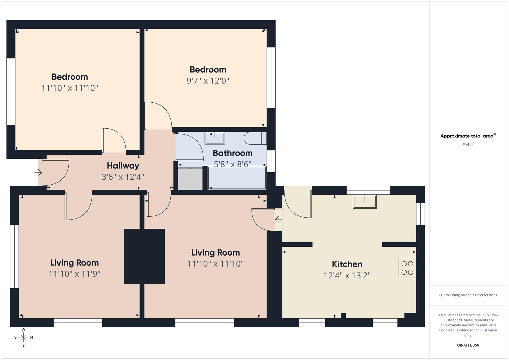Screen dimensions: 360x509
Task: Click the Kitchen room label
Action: click(x=347, y=264)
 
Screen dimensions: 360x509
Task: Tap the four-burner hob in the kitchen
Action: click(x=407, y=268)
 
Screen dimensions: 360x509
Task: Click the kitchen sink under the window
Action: click(x=365, y=202)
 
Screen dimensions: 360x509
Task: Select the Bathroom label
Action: click(x=232, y=153)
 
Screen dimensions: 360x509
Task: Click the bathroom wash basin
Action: click(x=215, y=138)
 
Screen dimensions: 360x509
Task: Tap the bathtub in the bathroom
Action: click(x=237, y=178)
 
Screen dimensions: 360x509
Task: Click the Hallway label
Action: click(x=123, y=166)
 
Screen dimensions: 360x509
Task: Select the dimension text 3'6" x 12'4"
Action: click(x=123, y=177)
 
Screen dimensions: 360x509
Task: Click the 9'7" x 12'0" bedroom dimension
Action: click(x=208, y=81)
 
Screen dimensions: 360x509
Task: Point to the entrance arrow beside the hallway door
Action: click(x=38, y=173)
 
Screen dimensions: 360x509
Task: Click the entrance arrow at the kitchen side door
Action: click(x=277, y=220)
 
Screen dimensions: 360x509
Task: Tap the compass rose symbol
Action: click(x=23, y=337)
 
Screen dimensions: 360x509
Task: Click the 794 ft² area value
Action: click(x=468, y=145)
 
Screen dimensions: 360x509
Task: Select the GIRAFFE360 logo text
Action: click(x=468, y=345)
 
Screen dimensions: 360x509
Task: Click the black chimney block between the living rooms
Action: click(x=144, y=256)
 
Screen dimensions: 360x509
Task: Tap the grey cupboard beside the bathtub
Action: click(x=190, y=179)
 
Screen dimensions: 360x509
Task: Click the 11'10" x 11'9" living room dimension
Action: click(x=74, y=274)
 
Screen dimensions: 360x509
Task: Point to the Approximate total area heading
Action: click(x=468, y=136)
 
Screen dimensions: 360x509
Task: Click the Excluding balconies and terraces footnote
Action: click(x=468, y=295)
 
